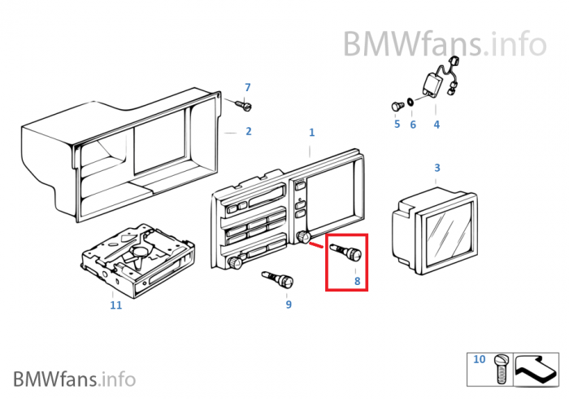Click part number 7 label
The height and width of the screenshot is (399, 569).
(248, 87)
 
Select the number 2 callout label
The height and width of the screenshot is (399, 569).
(248, 131)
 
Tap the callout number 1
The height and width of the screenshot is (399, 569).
(311, 132)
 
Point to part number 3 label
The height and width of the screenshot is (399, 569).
(437, 168)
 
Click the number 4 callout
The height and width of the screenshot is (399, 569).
(437, 125)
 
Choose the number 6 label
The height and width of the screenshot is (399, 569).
(412, 125)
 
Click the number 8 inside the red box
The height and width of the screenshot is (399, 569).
(356, 281)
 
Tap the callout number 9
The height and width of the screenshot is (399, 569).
(288, 305)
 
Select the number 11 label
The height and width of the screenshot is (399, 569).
(116, 305)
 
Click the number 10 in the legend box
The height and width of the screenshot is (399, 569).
(479, 359)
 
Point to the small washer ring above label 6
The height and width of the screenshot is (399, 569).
(411, 103)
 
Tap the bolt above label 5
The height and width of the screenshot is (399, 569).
(397, 104)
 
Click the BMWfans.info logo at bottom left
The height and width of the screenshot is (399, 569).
(74, 379)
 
